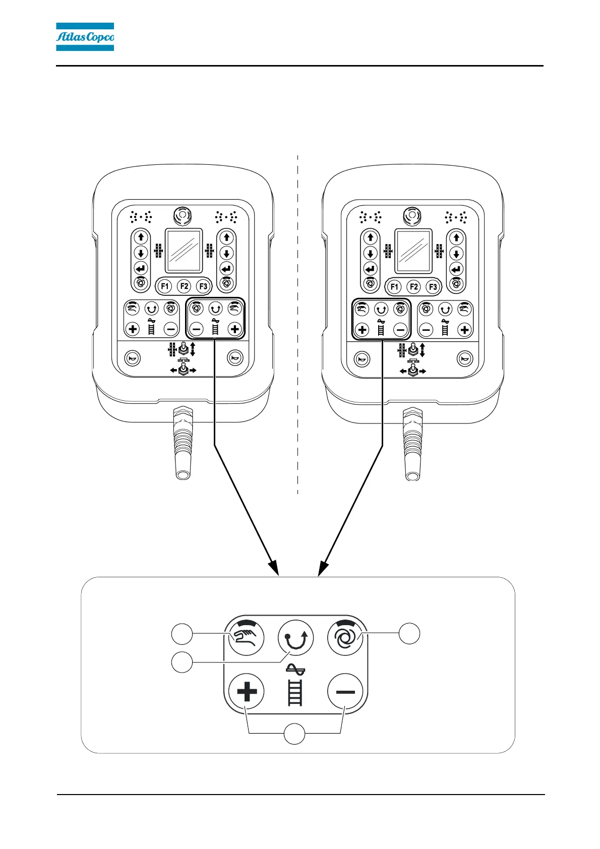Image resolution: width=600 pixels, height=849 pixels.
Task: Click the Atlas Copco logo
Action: [x=85, y=37]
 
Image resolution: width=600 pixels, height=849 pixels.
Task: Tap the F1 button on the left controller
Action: [x=165, y=286]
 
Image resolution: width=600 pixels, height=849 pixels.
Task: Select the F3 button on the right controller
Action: [x=433, y=287]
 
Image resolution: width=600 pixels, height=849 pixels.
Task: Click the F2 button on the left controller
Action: [x=184, y=286]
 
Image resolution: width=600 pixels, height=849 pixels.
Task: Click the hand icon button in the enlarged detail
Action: [x=247, y=638]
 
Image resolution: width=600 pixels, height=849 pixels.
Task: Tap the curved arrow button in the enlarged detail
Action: [x=295, y=638]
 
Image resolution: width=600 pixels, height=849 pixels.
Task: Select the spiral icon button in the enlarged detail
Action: [x=345, y=638]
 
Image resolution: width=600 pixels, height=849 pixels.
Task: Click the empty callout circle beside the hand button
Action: [x=182, y=634]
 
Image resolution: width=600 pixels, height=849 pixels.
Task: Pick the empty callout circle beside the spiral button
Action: [x=410, y=633]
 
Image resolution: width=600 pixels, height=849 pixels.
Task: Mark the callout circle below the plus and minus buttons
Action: [x=294, y=734]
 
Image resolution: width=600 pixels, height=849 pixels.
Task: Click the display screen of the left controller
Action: [x=184, y=251]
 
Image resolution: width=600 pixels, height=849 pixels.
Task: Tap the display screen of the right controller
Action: [x=413, y=251]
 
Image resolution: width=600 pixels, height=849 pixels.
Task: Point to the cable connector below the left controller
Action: [x=183, y=444]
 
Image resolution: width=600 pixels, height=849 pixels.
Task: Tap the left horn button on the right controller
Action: [x=362, y=359]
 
